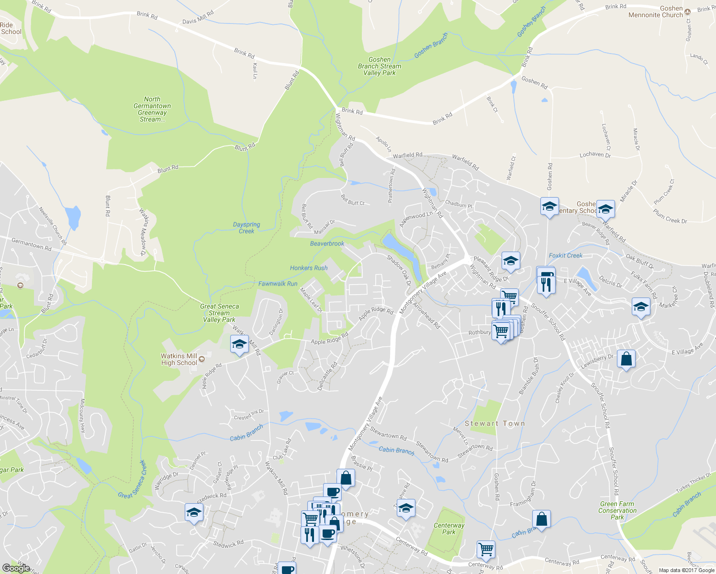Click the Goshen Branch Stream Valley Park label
tap(380, 66)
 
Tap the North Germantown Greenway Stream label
tap(152, 109)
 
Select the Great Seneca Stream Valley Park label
tap(219, 313)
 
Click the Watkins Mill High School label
tap(179, 359)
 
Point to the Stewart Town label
tap(495, 423)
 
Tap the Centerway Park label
tap(449, 529)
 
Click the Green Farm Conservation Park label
tap(617, 510)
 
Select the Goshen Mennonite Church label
tap(656, 11)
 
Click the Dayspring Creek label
tap(246, 228)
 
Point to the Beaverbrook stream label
tap(327, 243)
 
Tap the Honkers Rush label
tap(309, 268)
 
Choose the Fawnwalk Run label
tap(278, 284)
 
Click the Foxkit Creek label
tap(566, 255)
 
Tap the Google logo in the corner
tap(16, 568)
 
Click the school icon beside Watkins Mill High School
tap(239, 344)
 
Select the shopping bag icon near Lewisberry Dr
tap(626, 359)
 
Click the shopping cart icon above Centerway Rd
tap(486, 549)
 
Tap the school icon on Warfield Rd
tap(605, 208)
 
